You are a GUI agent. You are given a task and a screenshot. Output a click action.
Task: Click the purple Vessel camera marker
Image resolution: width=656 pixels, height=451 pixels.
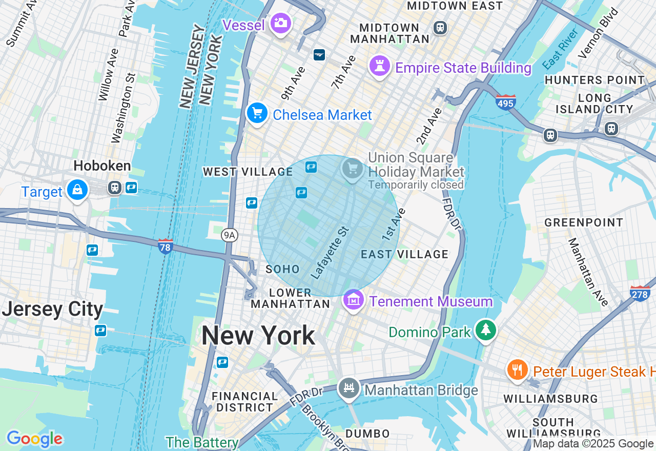pyautogui.click(x=280, y=23)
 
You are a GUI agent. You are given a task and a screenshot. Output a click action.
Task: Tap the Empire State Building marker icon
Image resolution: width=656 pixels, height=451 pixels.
pyautogui.click(x=380, y=67)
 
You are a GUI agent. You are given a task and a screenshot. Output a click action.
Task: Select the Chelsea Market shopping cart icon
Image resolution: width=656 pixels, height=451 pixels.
pyautogui.click(x=257, y=113)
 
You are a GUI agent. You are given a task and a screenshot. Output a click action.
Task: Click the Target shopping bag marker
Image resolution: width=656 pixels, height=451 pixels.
pyautogui.click(x=77, y=190)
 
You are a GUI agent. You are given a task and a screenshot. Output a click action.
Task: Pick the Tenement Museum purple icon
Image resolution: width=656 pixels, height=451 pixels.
pyautogui.click(x=353, y=300)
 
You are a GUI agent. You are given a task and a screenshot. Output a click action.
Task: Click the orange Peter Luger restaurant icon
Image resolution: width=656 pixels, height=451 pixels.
pyautogui.click(x=517, y=370)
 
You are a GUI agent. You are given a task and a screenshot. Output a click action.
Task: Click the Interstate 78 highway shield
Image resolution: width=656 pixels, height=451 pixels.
pyautogui.click(x=165, y=246)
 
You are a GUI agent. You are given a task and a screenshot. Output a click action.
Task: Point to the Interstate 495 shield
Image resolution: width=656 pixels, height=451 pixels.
pyautogui.click(x=505, y=102)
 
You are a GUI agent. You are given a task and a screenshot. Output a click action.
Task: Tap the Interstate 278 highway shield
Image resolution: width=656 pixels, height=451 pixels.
pyautogui.click(x=640, y=294)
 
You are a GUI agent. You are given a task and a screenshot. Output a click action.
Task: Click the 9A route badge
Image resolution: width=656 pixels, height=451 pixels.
pyautogui.click(x=230, y=235)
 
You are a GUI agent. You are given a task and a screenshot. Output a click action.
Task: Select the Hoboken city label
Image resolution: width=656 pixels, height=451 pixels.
pyautogui.click(x=102, y=166)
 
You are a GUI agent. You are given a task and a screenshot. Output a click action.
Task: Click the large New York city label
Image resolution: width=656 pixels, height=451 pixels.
pyautogui.click(x=258, y=336)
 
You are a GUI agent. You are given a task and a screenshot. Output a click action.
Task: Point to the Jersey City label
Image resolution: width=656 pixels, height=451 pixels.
pyautogui.click(x=52, y=310)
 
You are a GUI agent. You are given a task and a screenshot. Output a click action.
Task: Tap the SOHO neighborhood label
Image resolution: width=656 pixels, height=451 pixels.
pyautogui.click(x=282, y=269)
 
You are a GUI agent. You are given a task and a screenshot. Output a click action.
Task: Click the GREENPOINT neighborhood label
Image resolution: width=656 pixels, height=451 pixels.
pyautogui.click(x=584, y=222)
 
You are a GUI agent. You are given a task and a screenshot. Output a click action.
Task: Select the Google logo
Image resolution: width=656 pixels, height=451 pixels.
pyautogui.click(x=34, y=439)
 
